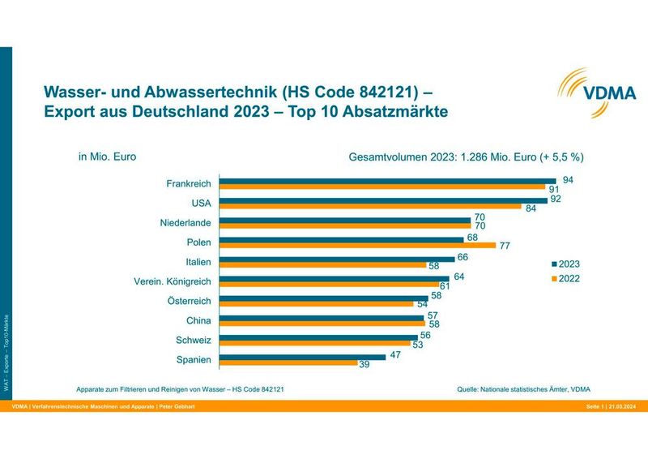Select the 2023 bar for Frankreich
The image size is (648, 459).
(x=387, y=181)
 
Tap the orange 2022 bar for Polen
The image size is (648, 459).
(x=356, y=245)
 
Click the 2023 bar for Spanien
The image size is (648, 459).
(x=302, y=356)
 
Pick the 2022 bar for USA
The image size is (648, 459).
(x=370, y=206)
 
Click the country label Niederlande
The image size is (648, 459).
(x=185, y=222)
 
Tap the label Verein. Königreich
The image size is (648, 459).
(x=172, y=281)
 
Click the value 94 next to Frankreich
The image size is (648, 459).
(x=568, y=178)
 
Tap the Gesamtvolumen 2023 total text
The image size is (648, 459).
(x=466, y=157)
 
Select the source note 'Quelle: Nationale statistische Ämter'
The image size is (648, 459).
(x=529, y=388)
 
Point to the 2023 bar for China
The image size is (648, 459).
(x=322, y=317)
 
